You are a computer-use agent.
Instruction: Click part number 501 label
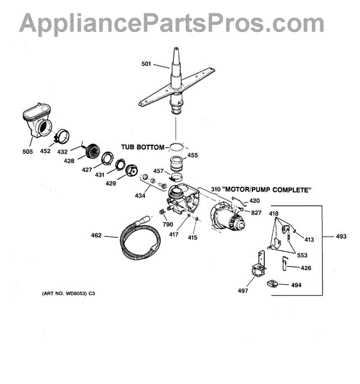[146, 64]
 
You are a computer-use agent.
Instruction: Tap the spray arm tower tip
[176, 48]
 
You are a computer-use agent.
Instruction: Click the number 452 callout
[45, 151]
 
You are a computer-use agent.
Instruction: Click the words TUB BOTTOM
[143, 147]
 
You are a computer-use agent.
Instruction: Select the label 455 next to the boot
[193, 156]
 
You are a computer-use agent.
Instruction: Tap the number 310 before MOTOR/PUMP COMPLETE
[216, 189]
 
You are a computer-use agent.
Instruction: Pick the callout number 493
[341, 236]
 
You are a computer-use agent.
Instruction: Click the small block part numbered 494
[272, 284]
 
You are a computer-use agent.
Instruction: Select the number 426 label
[306, 268]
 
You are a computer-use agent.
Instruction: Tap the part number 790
[168, 225]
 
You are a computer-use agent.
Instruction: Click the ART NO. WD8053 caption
[69, 293]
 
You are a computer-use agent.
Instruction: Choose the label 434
[140, 196]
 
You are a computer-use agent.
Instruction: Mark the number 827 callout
[256, 213]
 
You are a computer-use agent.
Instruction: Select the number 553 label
[302, 255]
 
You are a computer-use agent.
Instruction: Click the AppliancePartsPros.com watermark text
[172, 23]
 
